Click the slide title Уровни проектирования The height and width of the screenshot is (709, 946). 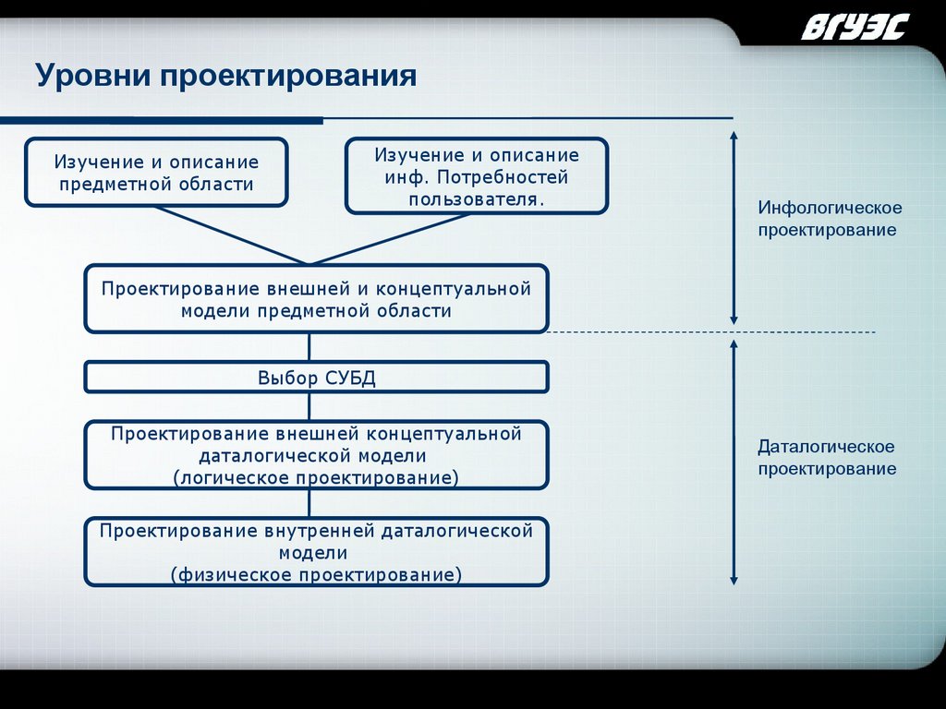(x=226, y=75)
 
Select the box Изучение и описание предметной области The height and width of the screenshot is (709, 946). (x=156, y=173)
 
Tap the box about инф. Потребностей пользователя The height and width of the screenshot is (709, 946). (x=476, y=176)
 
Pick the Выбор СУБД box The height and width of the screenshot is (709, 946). (x=316, y=378)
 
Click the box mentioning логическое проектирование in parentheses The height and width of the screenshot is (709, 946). (x=316, y=455)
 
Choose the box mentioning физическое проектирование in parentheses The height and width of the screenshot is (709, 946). (x=316, y=552)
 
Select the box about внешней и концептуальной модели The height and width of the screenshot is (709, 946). (x=316, y=299)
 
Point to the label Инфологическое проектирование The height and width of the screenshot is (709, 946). (x=829, y=219)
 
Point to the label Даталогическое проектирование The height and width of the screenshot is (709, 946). (x=827, y=458)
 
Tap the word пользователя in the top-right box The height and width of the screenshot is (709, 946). (x=477, y=198)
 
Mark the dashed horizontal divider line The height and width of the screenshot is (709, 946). (x=711, y=331)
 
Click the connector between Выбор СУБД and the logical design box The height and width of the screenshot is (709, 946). (x=309, y=407)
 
